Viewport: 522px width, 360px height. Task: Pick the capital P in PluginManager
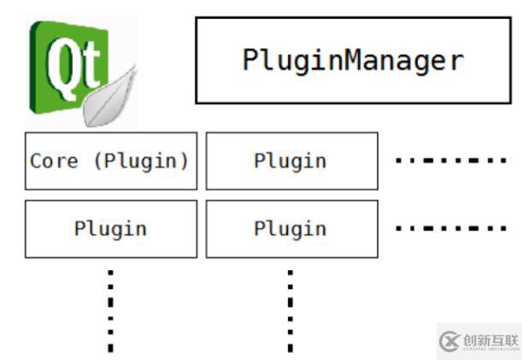[x=251, y=60]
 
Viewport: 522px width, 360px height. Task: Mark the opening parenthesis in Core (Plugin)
[x=97, y=161]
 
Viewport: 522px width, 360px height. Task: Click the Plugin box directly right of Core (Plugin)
[x=290, y=161]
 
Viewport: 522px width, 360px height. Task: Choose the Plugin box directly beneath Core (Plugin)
[x=110, y=228]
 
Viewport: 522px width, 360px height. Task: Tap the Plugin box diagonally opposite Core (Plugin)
[x=290, y=228]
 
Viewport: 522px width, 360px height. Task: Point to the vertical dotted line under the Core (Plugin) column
[x=110, y=308]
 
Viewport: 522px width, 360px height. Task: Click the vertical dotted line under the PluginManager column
[x=290, y=308]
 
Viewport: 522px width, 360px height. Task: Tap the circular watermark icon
[x=449, y=341]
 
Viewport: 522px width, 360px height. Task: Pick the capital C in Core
[x=35, y=161]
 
